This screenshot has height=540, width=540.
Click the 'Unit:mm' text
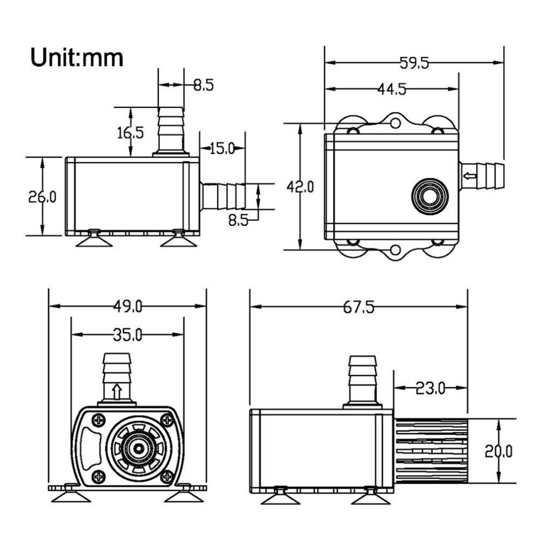point(77,57)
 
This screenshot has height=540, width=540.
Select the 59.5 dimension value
point(414,63)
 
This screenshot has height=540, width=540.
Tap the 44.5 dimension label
point(391,89)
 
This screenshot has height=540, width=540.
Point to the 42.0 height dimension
point(300,187)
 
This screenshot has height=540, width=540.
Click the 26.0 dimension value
point(42,197)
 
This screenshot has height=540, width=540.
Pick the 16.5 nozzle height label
point(131,132)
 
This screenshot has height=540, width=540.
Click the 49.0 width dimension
point(127,306)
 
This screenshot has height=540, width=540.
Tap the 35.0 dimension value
point(127,335)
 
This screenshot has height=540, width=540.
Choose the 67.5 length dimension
point(359,307)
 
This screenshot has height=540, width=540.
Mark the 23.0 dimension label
point(430,388)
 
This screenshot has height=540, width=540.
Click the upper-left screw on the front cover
point(99,418)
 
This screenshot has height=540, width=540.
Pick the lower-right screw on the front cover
point(167,476)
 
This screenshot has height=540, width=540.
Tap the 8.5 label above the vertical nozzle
point(203,85)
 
